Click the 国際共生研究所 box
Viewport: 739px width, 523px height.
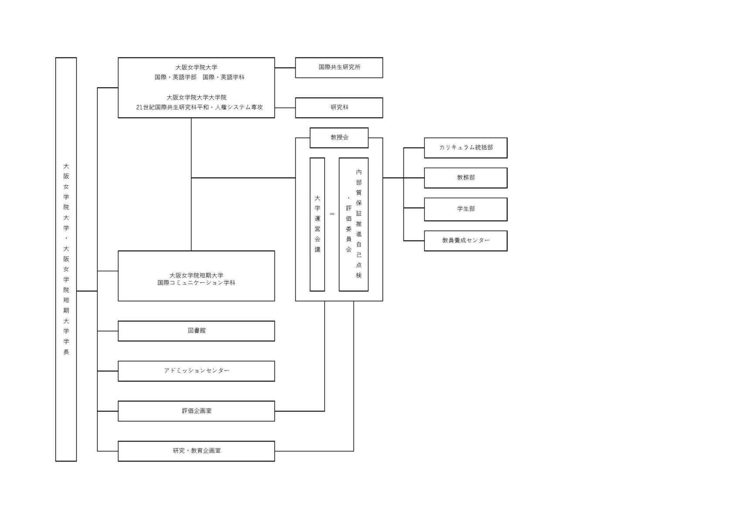339,68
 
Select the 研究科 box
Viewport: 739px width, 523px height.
339,108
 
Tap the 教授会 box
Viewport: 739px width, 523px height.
339,138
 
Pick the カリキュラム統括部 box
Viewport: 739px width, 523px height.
465,148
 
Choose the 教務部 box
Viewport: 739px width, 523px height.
465,178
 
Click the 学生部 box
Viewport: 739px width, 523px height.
465,209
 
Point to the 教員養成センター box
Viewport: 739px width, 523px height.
465,241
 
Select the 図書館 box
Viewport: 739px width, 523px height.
196,331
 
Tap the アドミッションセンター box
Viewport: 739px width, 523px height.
196,371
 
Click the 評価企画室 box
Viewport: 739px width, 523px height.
196,411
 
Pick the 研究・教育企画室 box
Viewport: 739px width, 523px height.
196,451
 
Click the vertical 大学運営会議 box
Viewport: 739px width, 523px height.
317,224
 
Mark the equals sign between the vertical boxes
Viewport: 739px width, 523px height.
332,214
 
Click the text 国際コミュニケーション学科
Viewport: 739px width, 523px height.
196,283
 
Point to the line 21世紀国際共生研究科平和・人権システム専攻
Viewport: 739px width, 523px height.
199,107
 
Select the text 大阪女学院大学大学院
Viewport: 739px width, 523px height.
196,97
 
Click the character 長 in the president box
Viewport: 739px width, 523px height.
66,352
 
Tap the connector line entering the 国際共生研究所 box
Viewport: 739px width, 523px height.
285,68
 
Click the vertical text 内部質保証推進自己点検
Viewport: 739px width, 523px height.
359,224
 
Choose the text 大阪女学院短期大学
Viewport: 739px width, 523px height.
196,275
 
